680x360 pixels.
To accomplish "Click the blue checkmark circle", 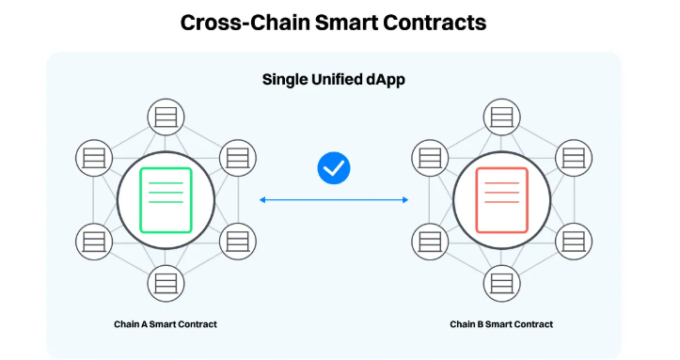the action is (x=334, y=168).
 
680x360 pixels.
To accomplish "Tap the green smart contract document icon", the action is (x=166, y=200).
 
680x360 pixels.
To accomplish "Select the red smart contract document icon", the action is (x=501, y=200).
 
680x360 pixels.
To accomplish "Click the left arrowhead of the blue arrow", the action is (x=262, y=199).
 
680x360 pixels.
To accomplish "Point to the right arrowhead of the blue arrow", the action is (x=405, y=199).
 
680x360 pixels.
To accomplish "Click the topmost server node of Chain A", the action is (x=166, y=117).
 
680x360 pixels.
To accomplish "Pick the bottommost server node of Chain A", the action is (x=166, y=284).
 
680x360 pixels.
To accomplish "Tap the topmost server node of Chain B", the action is (x=501, y=117).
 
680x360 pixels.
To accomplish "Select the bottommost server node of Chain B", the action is (x=501, y=284).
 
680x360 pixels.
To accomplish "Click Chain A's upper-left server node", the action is (x=94, y=158).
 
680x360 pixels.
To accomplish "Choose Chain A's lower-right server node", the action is (x=238, y=242).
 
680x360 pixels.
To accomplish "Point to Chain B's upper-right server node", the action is (x=574, y=158).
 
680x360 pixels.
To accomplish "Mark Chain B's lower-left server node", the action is (x=430, y=242).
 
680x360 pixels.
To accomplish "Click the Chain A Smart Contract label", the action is (x=166, y=324).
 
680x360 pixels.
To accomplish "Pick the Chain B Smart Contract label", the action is (x=501, y=324).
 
